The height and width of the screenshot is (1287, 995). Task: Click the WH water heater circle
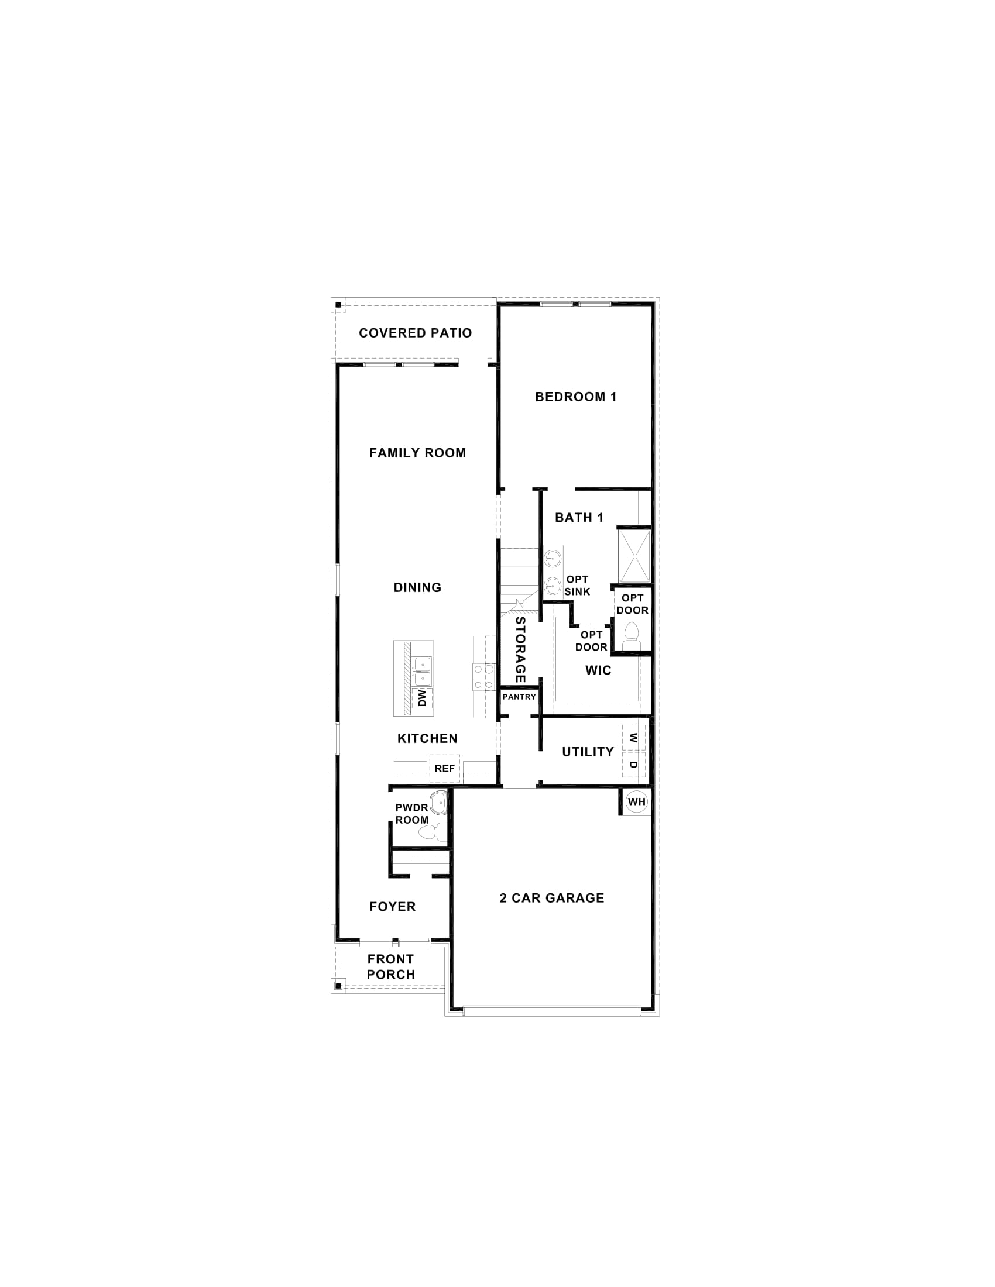(637, 801)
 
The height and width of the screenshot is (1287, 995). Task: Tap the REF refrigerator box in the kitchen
(444, 769)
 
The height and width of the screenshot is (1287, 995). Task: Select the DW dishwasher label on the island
(423, 699)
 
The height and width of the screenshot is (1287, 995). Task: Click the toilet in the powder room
(427, 832)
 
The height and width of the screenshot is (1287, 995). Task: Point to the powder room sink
(438, 803)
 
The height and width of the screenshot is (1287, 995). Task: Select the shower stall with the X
(634, 556)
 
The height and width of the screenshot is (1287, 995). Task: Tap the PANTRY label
(519, 697)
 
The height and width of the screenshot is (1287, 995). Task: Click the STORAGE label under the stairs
(520, 649)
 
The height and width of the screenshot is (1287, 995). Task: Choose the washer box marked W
(634, 737)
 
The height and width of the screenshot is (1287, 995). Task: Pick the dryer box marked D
(634, 765)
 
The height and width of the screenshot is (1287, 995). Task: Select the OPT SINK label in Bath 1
(577, 585)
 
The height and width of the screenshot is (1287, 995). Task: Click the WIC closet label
(598, 670)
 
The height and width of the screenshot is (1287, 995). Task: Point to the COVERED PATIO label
(416, 333)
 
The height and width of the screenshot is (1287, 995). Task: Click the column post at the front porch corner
(338, 985)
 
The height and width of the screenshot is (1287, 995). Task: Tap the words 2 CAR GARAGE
(552, 898)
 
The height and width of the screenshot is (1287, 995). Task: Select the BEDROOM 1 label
(576, 397)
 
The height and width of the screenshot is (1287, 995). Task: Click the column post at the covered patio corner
(338, 305)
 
